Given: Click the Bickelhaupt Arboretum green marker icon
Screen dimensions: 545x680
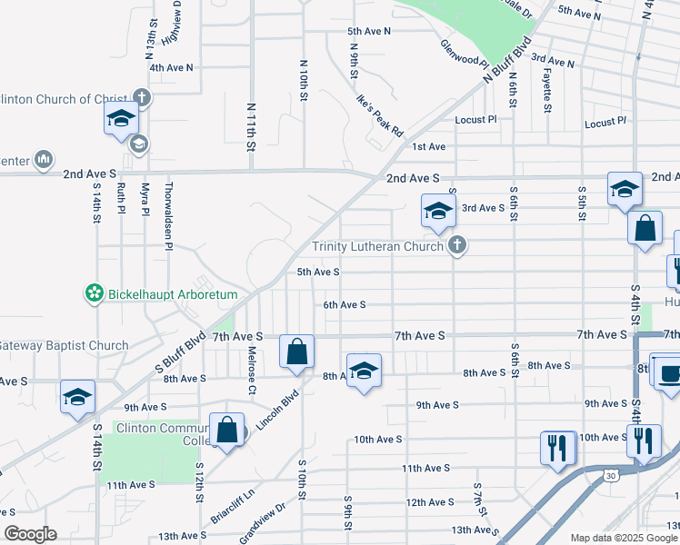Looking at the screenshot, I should tap(93, 294).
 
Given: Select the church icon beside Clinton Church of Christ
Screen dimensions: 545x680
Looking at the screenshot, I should tap(141, 97).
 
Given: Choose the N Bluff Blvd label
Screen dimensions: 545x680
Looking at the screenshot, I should tap(505, 62).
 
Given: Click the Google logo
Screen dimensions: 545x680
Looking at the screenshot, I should tap(30, 534).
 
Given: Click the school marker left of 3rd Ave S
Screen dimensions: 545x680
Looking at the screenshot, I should tap(437, 211).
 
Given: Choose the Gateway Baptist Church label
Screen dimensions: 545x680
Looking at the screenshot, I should tap(64, 345).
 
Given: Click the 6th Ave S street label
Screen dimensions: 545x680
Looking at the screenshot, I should tap(344, 305).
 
